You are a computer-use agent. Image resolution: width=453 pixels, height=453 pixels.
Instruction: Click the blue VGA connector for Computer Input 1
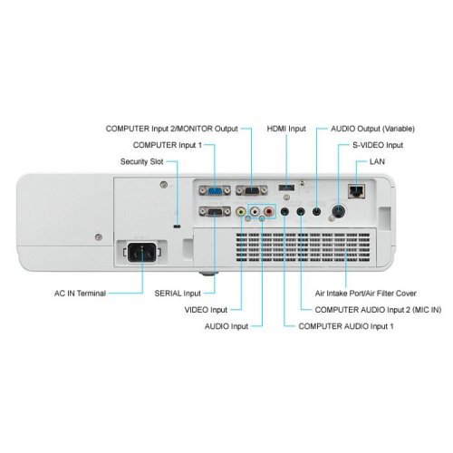coord(215,190)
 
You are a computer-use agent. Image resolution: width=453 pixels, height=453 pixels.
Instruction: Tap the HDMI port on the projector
coord(286,188)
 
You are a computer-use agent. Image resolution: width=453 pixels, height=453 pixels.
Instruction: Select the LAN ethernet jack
coord(357,191)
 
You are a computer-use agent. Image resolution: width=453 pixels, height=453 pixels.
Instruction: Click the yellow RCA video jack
coord(241,211)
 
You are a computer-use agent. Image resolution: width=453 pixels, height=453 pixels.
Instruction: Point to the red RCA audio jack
coord(269,211)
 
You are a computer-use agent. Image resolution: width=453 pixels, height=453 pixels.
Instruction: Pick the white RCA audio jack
coord(255,211)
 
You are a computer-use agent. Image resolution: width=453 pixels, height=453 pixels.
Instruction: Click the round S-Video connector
coord(338,211)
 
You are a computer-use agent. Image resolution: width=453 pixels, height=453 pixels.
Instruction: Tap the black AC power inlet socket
coord(142,253)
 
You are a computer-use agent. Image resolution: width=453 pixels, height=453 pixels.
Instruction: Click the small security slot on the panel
coord(178,226)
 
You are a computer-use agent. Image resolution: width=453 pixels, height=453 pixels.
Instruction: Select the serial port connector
coord(215,211)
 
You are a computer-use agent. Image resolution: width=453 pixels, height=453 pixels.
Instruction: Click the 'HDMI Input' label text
coord(286,129)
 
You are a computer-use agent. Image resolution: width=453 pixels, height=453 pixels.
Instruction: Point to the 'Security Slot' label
coord(141,161)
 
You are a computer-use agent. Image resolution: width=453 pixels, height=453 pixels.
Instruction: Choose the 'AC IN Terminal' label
coord(80,294)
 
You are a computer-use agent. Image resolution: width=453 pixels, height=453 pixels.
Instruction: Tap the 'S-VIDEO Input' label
coord(378,145)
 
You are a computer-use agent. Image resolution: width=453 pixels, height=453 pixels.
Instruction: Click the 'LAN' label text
coord(377,161)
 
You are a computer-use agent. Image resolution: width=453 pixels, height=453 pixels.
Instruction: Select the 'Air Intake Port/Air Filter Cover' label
coord(365,294)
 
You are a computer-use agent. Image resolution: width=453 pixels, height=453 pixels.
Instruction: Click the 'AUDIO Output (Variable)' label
coord(372,129)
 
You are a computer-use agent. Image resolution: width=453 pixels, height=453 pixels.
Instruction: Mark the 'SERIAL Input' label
coord(178,294)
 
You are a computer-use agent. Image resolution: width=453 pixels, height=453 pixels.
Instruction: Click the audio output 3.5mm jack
coord(316,211)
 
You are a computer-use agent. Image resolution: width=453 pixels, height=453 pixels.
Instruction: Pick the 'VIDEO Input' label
coord(206,310)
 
